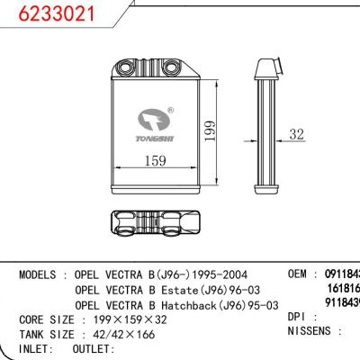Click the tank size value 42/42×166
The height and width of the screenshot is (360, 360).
[127, 334]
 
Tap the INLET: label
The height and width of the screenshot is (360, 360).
[38, 348]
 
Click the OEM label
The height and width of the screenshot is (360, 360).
[300, 273]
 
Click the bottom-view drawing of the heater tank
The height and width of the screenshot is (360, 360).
[157, 224]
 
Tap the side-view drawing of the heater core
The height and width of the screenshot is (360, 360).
[268, 116]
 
